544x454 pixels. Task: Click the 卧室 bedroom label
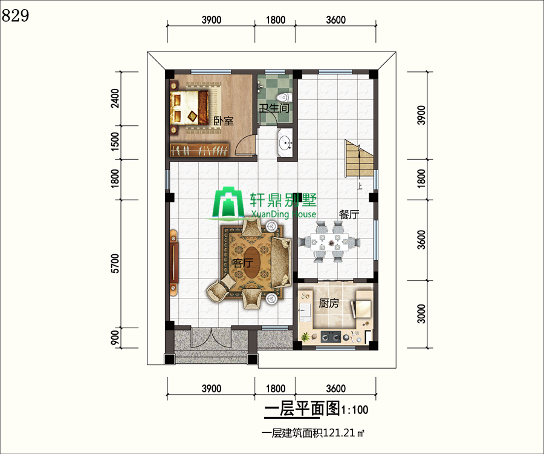coord(223,121)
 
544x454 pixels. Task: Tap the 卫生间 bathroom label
coord(274,108)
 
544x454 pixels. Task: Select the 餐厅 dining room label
coord(349,215)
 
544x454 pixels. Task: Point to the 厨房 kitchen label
coord(329,303)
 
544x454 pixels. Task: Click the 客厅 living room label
coord(243,263)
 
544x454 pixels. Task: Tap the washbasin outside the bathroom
coord(286,142)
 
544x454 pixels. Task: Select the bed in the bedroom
coord(189,107)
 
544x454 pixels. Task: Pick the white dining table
coord(329,242)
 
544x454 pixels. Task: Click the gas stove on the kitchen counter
coord(331,336)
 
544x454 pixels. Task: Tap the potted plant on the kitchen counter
coord(305,337)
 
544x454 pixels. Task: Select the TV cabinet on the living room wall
coord(174,261)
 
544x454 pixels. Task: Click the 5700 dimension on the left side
coord(115,263)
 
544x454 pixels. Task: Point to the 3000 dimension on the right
coord(421,314)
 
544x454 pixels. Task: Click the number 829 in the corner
coord(15,16)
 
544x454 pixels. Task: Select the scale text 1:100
coord(355,410)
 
